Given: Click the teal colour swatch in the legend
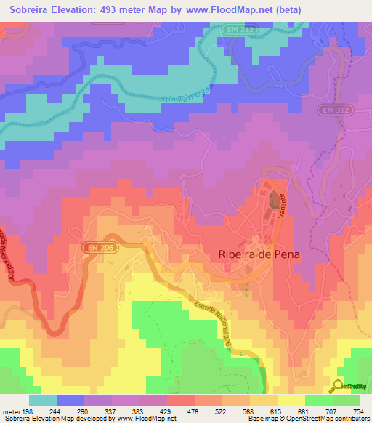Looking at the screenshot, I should click(x=43, y=400).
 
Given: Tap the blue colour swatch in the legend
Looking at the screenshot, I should click(x=70, y=400).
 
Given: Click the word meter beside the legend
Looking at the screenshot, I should click(x=9, y=411).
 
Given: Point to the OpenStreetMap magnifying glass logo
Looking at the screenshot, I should click(x=338, y=386).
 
